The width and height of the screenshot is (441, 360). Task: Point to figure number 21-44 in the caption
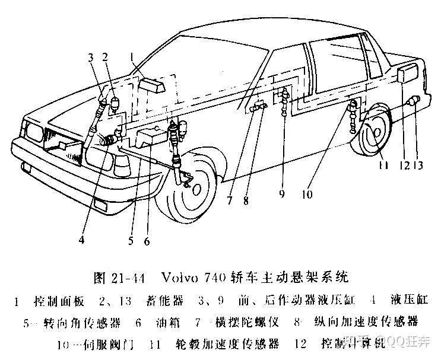[x=132, y=277]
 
